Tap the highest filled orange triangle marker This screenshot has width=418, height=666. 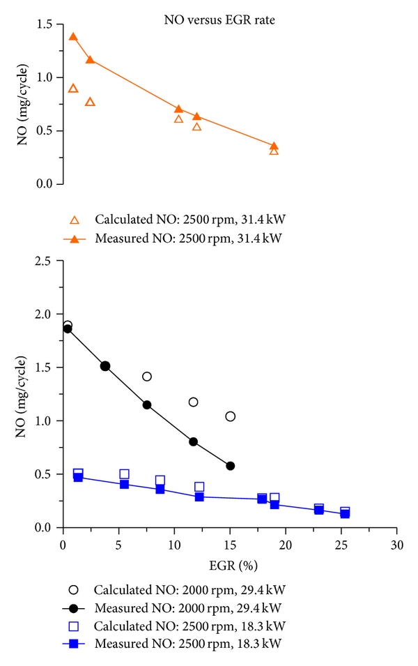tap(73, 37)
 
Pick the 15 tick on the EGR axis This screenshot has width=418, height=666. tap(230, 543)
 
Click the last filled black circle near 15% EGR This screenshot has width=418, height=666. tap(231, 466)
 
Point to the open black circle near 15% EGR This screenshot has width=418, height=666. tap(231, 416)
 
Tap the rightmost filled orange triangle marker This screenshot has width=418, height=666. tap(274, 146)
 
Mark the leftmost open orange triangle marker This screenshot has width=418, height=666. tap(73, 89)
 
